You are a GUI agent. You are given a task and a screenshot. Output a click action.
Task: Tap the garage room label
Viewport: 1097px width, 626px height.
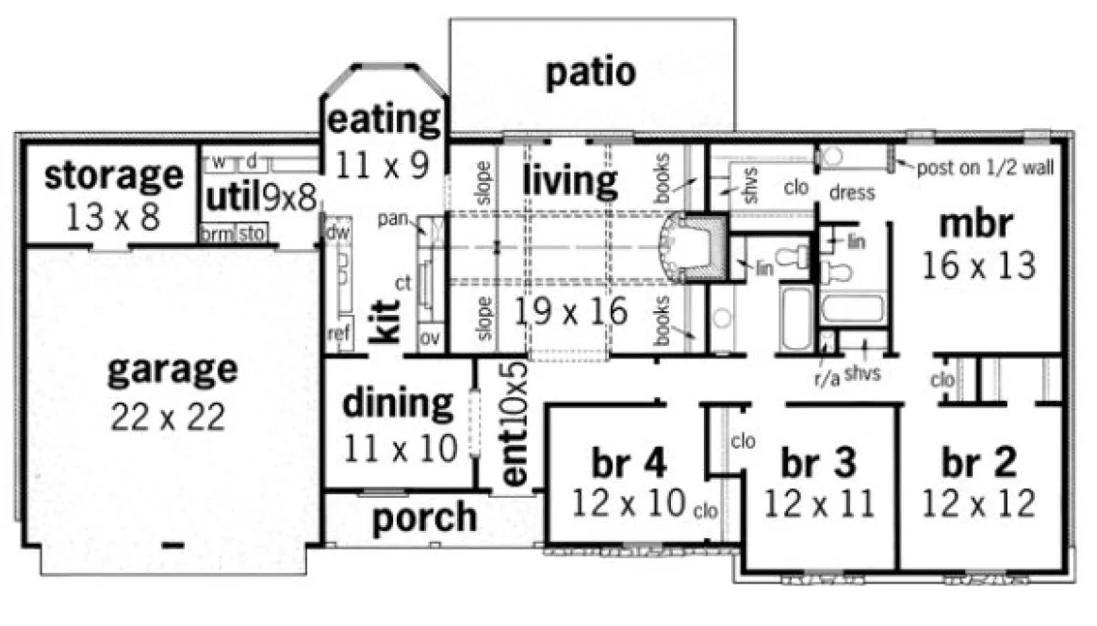pyautogui.click(x=172, y=370)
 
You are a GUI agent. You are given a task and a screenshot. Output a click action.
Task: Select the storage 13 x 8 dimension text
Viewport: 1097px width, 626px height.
pyautogui.click(x=114, y=216)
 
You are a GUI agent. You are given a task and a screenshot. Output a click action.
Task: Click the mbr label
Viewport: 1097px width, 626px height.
pyautogui.click(x=976, y=224)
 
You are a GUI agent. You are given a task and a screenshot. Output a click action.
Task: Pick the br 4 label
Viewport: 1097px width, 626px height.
pyautogui.click(x=630, y=463)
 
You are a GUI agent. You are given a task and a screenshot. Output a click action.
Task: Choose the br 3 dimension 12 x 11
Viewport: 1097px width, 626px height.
pyautogui.click(x=819, y=503)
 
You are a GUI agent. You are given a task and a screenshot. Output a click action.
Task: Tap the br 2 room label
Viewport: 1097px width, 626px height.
pyautogui.click(x=979, y=463)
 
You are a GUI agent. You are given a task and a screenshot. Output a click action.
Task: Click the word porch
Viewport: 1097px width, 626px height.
pyautogui.click(x=424, y=517)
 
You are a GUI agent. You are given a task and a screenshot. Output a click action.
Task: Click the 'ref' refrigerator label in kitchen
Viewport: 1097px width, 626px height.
pyautogui.click(x=338, y=334)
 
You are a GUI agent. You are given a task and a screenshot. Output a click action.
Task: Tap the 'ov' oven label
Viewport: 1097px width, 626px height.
pyautogui.click(x=430, y=337)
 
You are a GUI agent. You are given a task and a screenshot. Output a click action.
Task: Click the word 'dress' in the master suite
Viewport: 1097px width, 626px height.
pyautogui.click(x=852, y=193)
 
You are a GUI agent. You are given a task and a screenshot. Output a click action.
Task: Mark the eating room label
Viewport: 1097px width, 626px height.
pyautogui.click(x=384, y=120)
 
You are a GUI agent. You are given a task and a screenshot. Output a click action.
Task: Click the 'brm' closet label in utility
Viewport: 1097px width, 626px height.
pyautogui.click(x=216, y=234)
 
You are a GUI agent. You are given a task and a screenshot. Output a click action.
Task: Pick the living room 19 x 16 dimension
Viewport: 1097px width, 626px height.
pyautogui.click(x=570, y=311)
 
